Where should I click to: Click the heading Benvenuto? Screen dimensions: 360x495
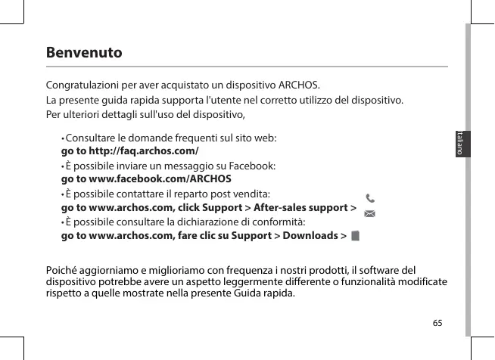(x=83, y=54)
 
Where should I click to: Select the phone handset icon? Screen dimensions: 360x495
(x=369, y=199)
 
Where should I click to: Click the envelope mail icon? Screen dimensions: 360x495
(x=369, y=214)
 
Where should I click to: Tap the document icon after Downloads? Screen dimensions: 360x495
(x=356, y=236)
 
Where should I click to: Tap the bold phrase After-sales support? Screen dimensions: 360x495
(x=300, y=207)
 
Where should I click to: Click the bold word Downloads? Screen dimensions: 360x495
(x=310, y=236)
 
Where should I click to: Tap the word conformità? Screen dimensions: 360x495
(x=279, y=222)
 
